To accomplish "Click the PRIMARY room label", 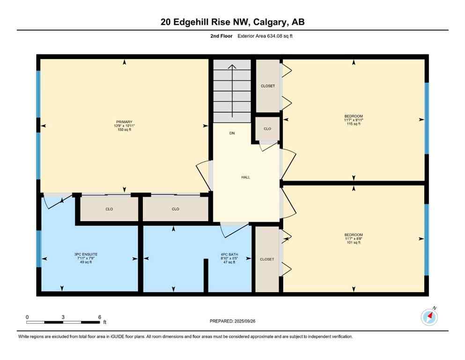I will click(124, 122).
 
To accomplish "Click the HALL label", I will click(245, 177).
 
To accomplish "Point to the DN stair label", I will click(232, 134).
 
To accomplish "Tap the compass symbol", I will click(429, 317).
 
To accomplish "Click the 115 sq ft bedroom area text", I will click(354, 124).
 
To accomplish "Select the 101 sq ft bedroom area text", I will click(354, 242).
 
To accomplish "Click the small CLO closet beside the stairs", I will click(267, 128).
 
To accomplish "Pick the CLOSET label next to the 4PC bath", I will click(267, 259).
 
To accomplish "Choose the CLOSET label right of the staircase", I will click(267, 86).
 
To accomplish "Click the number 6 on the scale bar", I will click(99, 317).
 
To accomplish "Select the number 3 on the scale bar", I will click(63, 317).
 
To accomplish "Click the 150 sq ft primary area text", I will click(124, 129).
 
